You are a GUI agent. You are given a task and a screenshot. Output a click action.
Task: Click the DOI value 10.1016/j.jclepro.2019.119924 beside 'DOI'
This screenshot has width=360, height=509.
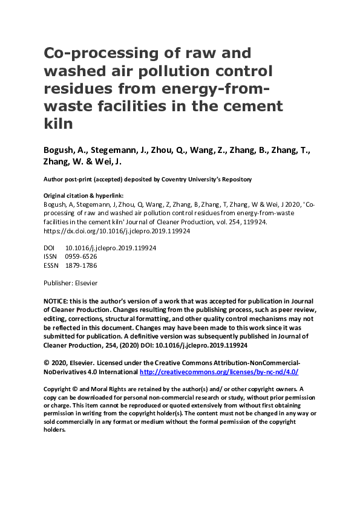111,248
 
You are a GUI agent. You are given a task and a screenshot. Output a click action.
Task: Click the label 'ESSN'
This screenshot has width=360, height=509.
52,265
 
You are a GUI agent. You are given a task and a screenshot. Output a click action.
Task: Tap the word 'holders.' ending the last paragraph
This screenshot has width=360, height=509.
54,429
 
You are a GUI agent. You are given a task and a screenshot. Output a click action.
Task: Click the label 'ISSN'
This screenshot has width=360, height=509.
51,257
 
